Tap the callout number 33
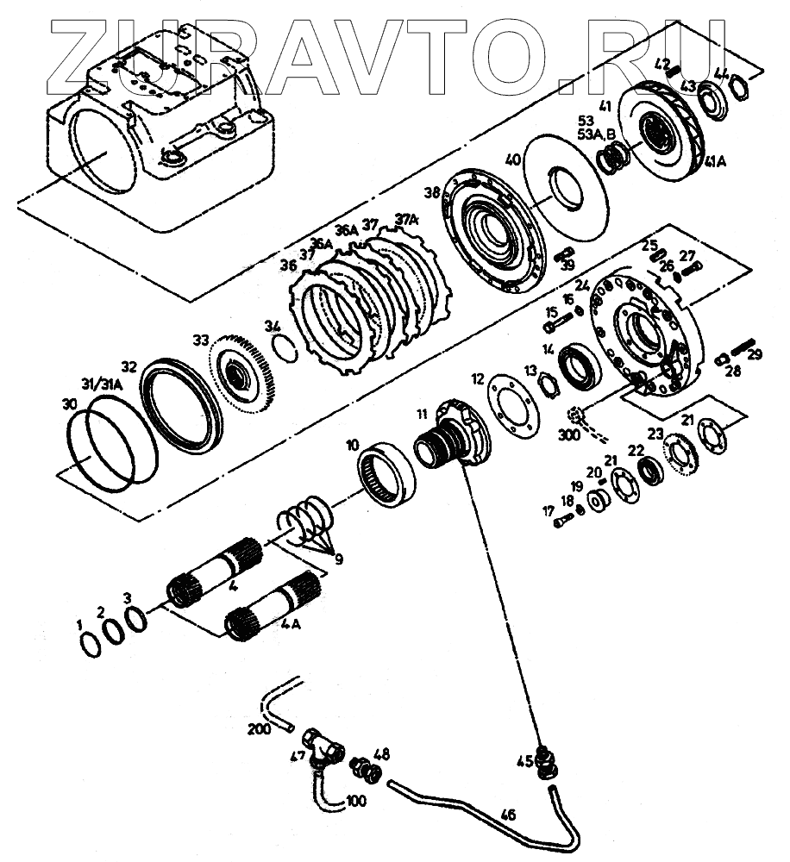click(200, 341)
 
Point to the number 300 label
click(568, 435)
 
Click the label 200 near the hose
click(259, 729)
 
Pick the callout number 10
click(352, 445)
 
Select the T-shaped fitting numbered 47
click(323, 745)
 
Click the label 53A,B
click(597, 134)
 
